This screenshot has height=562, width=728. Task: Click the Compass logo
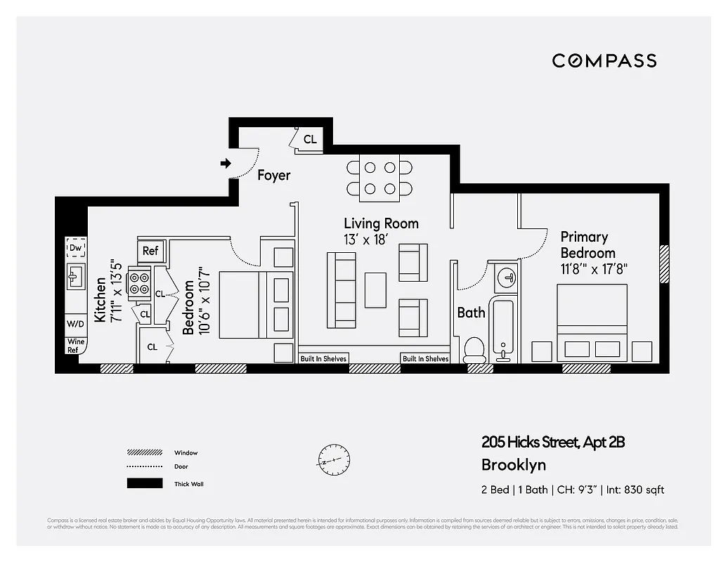click(x=604, y=60)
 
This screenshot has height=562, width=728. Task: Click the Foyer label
click(x=273, y=175)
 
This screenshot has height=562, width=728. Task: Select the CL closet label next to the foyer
click(x=310, y=139)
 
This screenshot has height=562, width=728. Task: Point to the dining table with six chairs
click(x=379, y=178)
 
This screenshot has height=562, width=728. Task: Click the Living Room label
click(x=381, y=223)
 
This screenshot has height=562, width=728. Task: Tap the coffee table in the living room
click(x=375, y=289)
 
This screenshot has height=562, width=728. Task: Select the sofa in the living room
click(x=344, y=290)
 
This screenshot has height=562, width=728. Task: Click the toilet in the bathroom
click(x=474, y=349)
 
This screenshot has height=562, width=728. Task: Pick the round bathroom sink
click(x=505, y=278)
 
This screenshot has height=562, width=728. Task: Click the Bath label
click(x=471, y=313)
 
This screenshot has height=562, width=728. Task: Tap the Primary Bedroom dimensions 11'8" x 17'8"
click(x=593, y=268)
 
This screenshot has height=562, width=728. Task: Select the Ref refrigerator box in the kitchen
click(x=150, y=251)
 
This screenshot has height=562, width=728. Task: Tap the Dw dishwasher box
click(x=75, y=247)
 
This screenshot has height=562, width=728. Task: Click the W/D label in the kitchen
click(x=75, y=324)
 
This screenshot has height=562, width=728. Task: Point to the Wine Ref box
click(x=74, y=346)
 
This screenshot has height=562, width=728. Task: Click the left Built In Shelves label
click(x=323, y=358)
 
